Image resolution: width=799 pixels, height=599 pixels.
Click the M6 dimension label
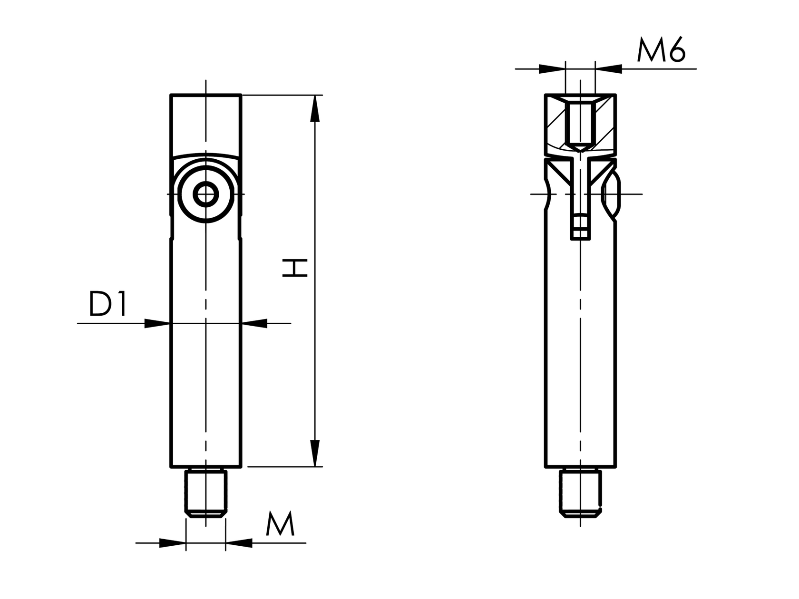[661, 51]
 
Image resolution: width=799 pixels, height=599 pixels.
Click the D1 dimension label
[108, 304]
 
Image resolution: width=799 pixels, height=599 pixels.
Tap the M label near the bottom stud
[280, 524]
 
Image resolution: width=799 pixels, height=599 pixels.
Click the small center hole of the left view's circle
[206, 194]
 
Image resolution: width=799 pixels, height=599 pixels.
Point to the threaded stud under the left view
[206, 493]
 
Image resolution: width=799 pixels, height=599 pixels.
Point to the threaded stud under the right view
[580, 493]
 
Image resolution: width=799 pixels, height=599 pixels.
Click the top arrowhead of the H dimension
[314, 108]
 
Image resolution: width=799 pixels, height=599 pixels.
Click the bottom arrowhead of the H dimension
[314, 454]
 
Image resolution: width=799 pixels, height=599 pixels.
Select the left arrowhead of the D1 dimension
[157, 324]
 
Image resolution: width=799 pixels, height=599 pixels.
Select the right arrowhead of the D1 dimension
[254, 324]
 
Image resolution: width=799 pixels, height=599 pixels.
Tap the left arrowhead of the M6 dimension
[552, 69]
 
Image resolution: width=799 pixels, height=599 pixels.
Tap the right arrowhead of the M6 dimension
[609, 69]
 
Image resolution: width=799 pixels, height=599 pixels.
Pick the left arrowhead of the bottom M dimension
[172, 543]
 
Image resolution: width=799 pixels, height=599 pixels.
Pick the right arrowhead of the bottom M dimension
[239, 543]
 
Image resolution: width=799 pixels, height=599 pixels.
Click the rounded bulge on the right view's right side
[612, 194]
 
